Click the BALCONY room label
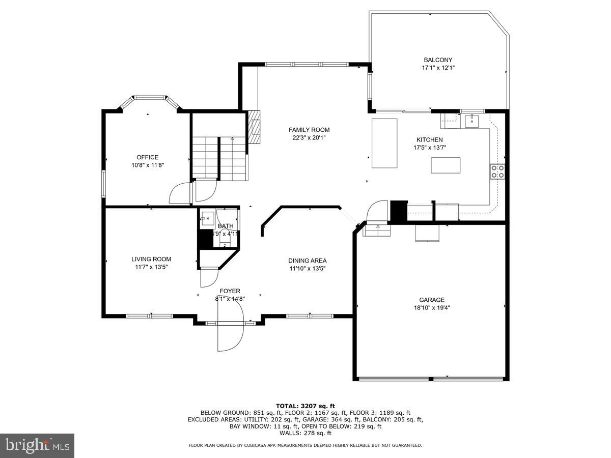438,60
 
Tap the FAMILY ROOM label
309,130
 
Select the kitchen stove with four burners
497,171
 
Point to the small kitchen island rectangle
446,165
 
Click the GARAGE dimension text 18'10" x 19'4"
432,307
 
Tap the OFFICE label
147,157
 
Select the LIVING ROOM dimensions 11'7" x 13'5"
151,267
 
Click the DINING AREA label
308,261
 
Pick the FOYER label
230,291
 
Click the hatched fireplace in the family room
255,127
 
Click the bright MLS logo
37,445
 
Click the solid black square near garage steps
399,211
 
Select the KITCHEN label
429,139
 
